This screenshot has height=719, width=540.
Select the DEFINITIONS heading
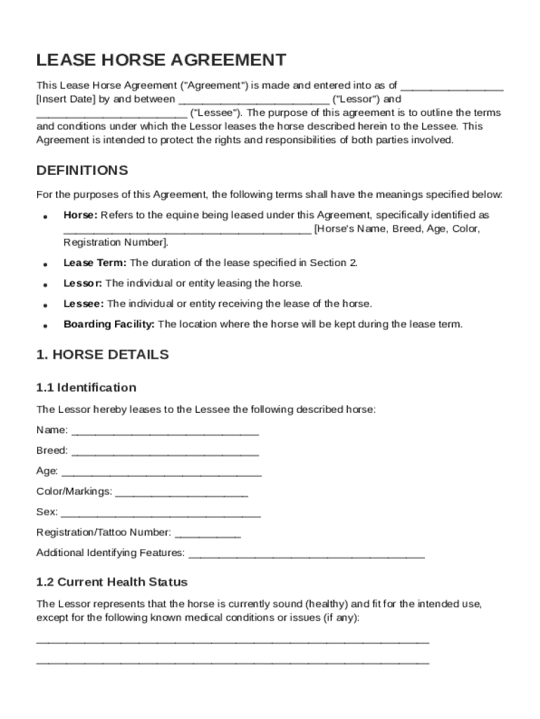[x=82, y=171]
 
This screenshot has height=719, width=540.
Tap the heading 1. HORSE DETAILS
[x=102, y=355]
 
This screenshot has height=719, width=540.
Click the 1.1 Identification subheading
[x=86, y=388]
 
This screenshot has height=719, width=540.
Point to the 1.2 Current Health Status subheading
[x=112, y=582]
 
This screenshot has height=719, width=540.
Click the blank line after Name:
[x=166, y=430]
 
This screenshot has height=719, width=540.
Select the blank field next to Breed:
[x=165, y=451]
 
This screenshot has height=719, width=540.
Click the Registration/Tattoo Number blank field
[x=208, y=533]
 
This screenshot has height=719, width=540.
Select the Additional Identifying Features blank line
[x=307, y=553]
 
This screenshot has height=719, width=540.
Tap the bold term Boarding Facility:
[x=109, y=324]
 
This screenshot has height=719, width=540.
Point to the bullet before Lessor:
[x=45, y=285]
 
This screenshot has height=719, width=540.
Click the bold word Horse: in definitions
[x=80, y=215]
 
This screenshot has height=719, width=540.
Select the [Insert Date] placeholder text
[x=65, y=99]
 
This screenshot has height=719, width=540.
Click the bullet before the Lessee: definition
[x=45, y=305]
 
